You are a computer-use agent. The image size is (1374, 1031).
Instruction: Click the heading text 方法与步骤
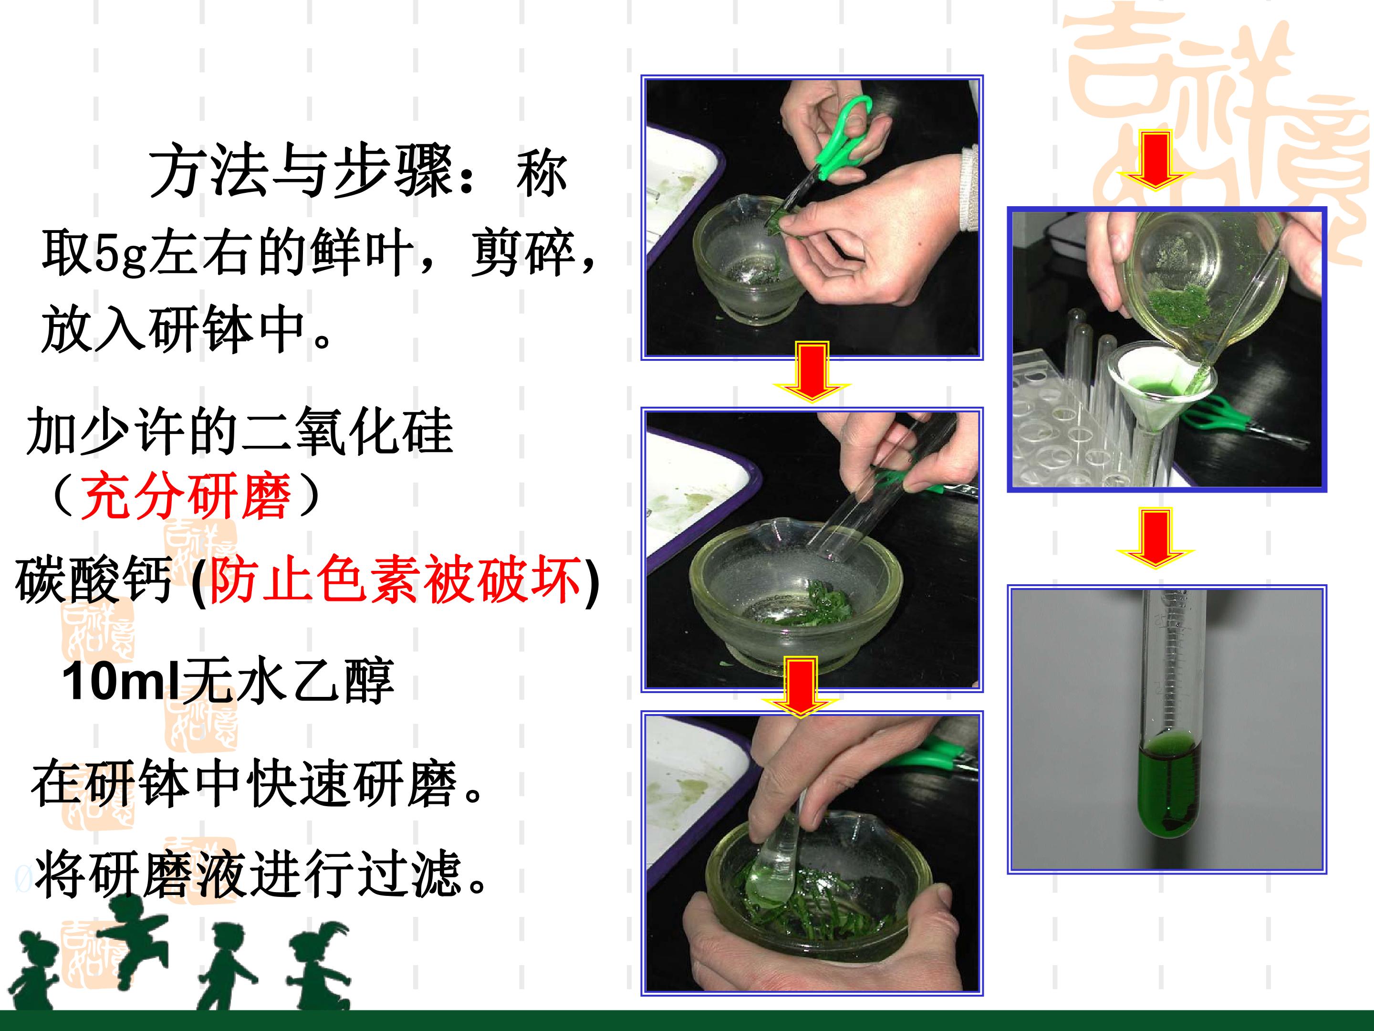point(301,172)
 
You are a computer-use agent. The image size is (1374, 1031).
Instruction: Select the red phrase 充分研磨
point(186,495)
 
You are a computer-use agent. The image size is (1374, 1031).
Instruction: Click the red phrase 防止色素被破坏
point(395,579)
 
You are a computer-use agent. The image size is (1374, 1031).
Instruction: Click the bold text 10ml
point(121,681)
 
